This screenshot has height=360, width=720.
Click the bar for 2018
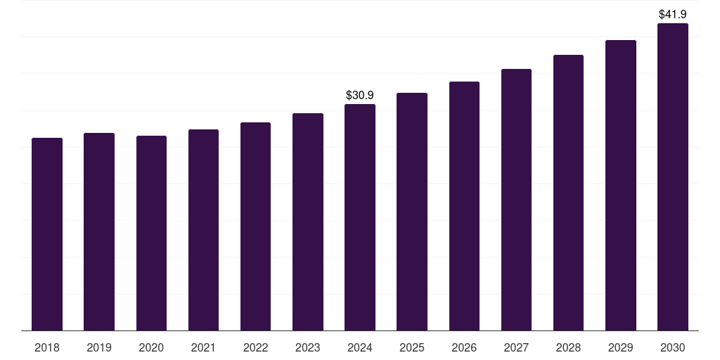point(47,234)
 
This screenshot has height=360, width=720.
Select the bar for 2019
point(99,231)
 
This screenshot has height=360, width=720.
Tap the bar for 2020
point(151,233)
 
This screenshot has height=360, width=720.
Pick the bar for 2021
point(203,230)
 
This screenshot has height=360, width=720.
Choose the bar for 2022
point(255,226)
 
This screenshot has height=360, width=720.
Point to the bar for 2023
point(308,221)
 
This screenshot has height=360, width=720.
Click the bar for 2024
point(360,217)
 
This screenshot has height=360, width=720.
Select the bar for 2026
point(464,206)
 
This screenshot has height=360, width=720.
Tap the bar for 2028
point(568,193)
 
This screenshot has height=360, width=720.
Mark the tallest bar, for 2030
point(672,176)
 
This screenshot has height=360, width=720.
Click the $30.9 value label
point(360,95)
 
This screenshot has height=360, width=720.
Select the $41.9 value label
point(672,14)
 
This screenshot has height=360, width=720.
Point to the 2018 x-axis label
point(47,347)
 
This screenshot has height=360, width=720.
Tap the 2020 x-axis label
point(151,347)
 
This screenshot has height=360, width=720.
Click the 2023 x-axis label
point(308,347)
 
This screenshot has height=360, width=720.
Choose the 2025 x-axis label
point(412,347)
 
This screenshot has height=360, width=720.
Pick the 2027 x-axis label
point(516,347)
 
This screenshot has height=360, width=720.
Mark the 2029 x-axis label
point(620,347)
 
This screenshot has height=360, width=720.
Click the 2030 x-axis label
point(672,347)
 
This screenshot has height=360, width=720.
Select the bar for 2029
point(620,185)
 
